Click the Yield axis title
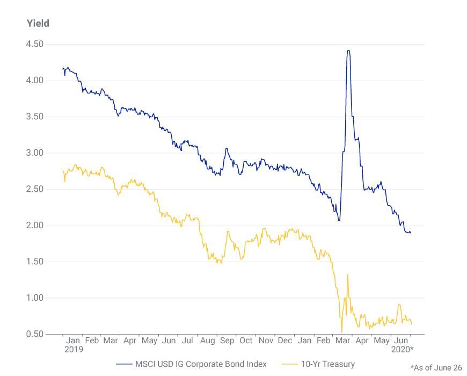tap(38, 23)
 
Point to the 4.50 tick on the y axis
tap(34, 44)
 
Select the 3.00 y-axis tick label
tap(34, 153)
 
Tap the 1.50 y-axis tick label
tap(34, 262)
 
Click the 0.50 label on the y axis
tap(34, 334)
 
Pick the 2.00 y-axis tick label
tap(34, 226)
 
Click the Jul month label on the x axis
tap(187, 341)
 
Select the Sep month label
tap(227, 341)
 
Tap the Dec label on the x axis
tap(285, 341)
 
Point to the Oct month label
tap(246, 341)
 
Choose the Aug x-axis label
tap(207, 341)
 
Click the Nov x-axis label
tap(266, 341)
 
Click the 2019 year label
tap(74, 349)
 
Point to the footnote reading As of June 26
tap(436, 367)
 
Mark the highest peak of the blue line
tap(348, 51)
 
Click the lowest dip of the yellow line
tap(341, 332)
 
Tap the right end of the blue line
tap(411, 233)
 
